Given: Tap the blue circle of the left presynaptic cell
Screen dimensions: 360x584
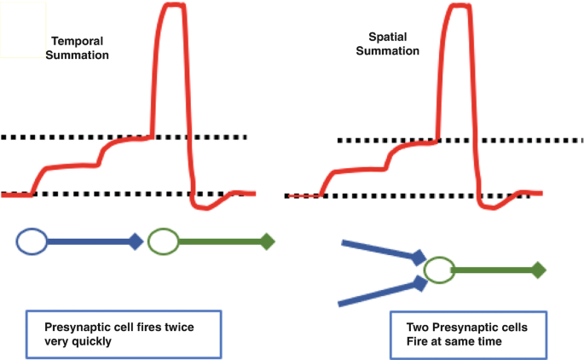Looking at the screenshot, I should pyautogui.click(x=32, y=242).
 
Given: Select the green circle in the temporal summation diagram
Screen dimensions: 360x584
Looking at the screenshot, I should pyautogui.click(x=163, y=242).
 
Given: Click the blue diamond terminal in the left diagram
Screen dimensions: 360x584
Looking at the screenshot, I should pyautogui.click(x=135, y=241).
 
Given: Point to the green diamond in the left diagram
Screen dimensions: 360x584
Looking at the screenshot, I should pyautogui.click(x=267, y=241).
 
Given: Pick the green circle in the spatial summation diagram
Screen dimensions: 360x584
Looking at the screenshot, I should pyautogui.click(x=438, y=270).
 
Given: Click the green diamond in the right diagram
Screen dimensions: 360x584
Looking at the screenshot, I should pyautogui.click(x=538, y=270).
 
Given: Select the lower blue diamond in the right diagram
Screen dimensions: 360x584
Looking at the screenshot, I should pyautogui.click(x=419, y=282).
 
